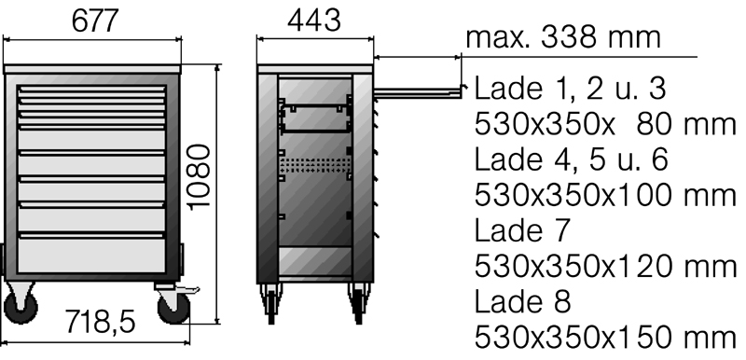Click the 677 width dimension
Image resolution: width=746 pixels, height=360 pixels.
pyautogui.click(x=94, y=21)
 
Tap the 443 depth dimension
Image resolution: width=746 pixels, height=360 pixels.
pyautogui.click(x=314, y=21)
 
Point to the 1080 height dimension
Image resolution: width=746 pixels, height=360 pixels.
pyautogui.click(x=199, y=177)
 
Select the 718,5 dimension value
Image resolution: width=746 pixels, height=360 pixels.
pyautogui.click(x=100, y=322)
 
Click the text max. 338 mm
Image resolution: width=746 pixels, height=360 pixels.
pyautogui.click(x=563, y=37)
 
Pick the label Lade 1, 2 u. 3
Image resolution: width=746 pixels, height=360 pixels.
pyautogui.click(x=570, y=89)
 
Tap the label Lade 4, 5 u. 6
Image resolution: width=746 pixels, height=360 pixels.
pyautogui.click(x=571, y=159)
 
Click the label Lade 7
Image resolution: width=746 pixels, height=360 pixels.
pyautogui.click(x=522, y=230)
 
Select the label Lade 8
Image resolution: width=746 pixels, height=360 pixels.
pyautogui.click(x=522, y=301)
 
